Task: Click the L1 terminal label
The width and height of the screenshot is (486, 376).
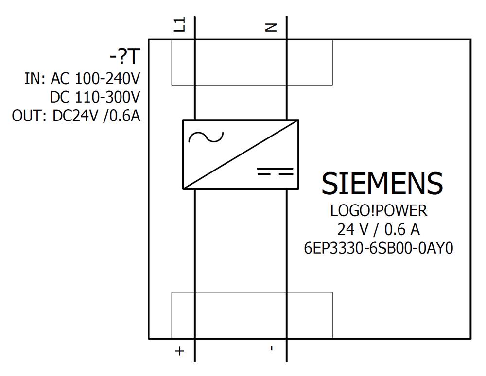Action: [180, 24]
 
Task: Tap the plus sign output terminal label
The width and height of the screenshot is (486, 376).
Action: [180, 351]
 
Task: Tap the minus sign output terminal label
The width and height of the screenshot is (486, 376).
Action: [272, 348]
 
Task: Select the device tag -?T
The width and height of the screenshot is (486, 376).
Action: [124, 57]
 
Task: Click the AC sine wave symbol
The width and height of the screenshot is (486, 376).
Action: [206, 137]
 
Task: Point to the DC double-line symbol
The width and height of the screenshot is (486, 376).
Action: [275, 171]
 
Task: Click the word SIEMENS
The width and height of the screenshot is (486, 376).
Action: [382, 184]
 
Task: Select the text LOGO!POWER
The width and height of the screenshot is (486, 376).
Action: [379, 211]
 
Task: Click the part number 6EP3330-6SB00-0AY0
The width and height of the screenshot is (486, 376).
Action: [379, 248]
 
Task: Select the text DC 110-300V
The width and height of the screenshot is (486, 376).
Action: [95, 98]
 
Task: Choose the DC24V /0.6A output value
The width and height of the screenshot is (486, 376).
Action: [96, 117]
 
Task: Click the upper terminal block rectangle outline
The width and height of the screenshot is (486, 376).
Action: [252, 85]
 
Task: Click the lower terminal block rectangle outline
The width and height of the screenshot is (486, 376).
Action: [252, 292]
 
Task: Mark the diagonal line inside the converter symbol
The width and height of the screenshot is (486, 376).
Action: [241, 154]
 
